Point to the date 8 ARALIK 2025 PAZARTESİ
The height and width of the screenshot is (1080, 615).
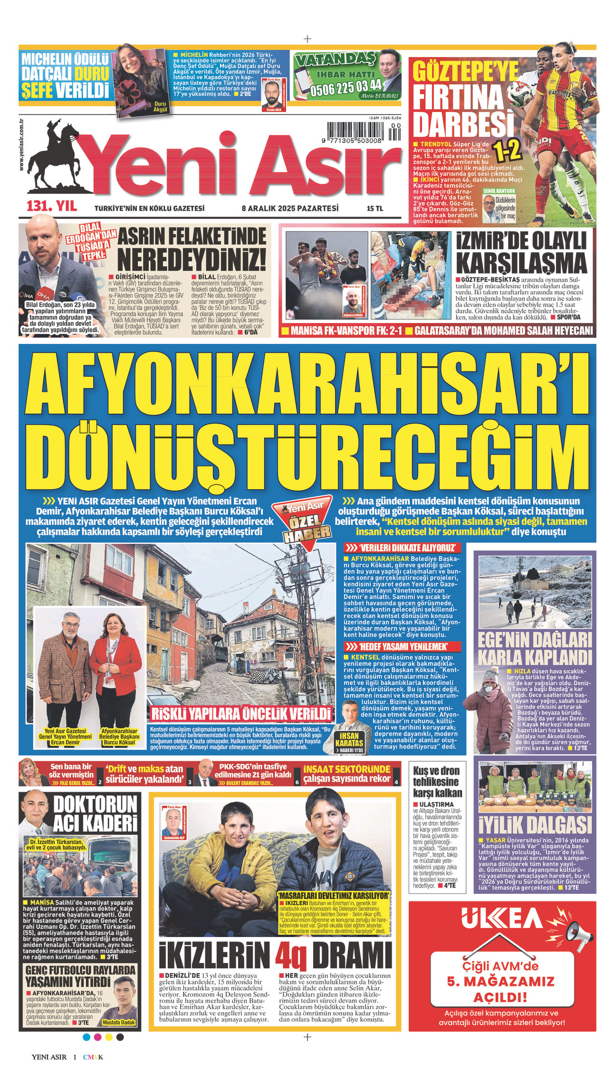[290, 208]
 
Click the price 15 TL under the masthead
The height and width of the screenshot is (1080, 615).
[375, 208]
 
